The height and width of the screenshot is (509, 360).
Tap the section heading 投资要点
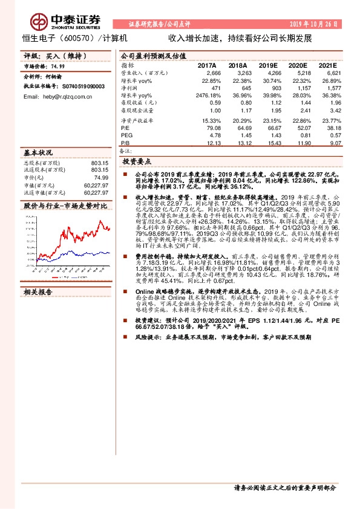tap(138, 162)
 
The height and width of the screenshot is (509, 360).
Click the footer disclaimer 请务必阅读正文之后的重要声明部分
tap(284, 487)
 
